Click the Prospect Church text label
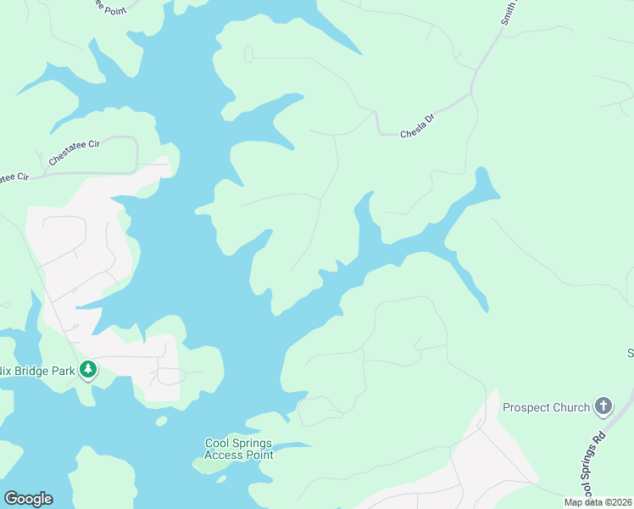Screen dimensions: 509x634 click(x=546, y=407)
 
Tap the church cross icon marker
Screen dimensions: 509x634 click(x=603, y=407)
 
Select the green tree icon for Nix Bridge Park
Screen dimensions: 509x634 click(x=88, y=370)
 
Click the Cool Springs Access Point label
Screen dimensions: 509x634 click(x=239, y=449)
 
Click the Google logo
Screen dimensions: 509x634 click(x=28, y=499)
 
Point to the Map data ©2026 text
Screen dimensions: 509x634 click(x=598, y=502)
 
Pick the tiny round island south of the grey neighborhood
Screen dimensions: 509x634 click(x=161, y=420)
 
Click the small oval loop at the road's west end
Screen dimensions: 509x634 click(x=248, y=54)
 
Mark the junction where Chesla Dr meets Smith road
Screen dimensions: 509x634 click(x=471, y=92)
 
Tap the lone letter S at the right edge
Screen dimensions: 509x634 click(x=630, y=352)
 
